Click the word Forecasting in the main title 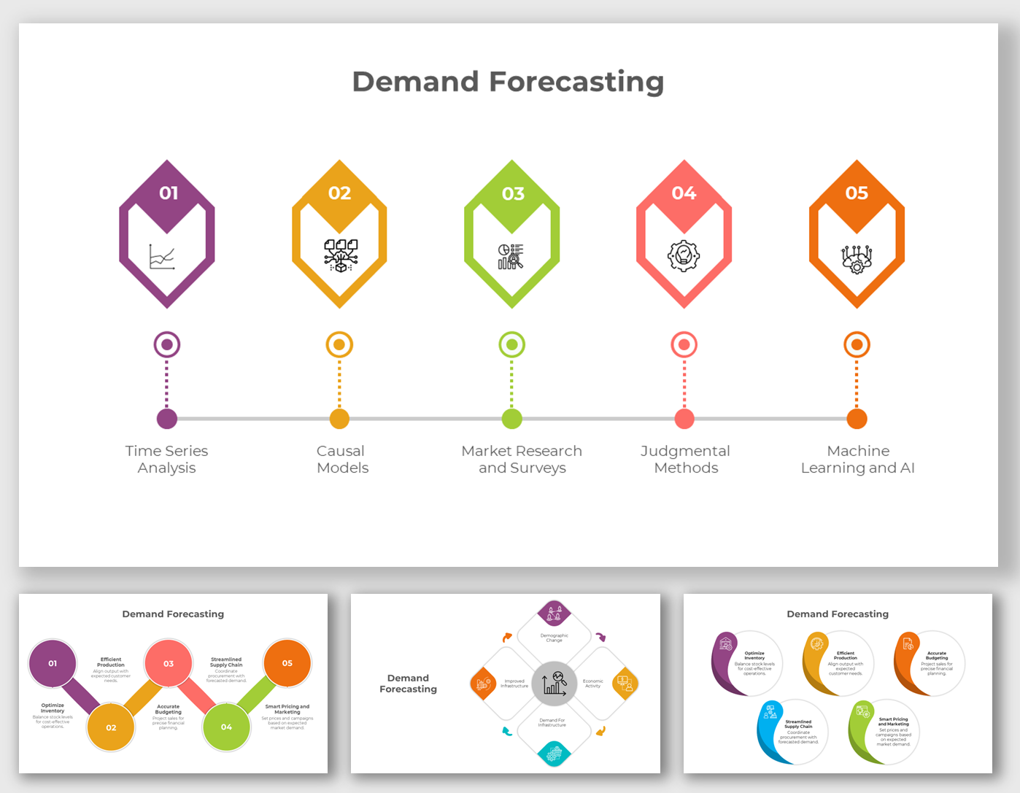tap(576, 82)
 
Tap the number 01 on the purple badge tap(169, 193)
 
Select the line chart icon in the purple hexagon tap(161, 258)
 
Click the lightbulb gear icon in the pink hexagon tap(684, 256)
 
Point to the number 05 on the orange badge tap(857, 193)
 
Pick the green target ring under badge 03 tap(511, 344)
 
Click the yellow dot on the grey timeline tap(339, 419)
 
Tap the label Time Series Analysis tap(166, 459)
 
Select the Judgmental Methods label tap(685, 459)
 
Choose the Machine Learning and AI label tap(857, 459)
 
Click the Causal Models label tap(341, 459)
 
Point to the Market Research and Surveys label tap(522, 459)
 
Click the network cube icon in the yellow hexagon tap(340, 255)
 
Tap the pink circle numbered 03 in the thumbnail tap(169, 664)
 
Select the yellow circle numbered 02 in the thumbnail tap(111, 727)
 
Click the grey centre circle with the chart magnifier tap(555, 684)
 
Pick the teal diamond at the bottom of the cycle tap(554, 753)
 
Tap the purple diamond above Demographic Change tap(554, 614)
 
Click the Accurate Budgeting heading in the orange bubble tap(937, 655)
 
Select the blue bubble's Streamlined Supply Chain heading tap(798, 724)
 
